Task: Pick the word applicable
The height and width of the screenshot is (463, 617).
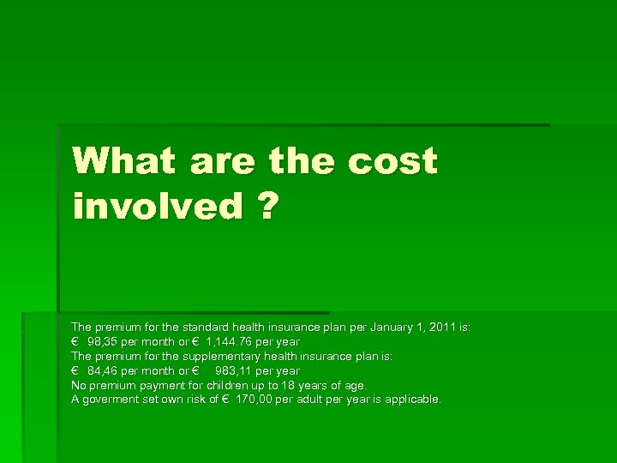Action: (412, 400)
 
